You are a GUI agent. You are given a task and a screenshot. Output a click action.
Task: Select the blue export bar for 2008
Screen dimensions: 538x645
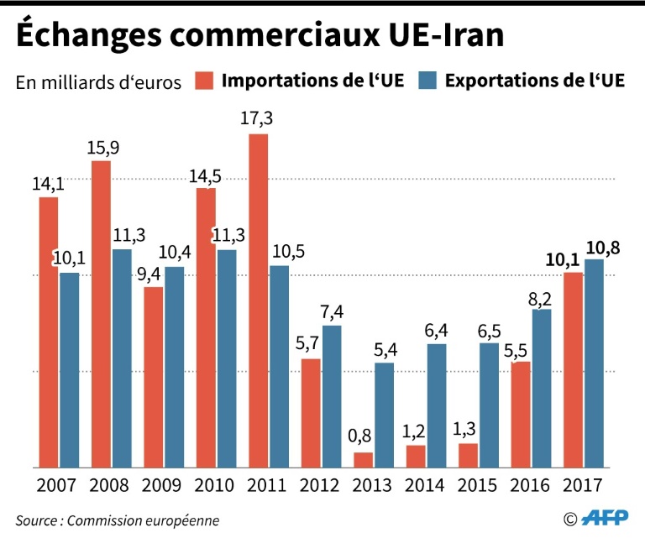pos(122,358)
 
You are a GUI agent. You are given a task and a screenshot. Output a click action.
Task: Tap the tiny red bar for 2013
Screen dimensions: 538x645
pos(364,460)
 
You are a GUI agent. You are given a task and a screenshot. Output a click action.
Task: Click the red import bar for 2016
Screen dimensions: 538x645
pos(521,415)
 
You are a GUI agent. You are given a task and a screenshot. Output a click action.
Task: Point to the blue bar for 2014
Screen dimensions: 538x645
pos(437,405)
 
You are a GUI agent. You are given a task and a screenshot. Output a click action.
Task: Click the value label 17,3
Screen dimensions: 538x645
pos(258,119)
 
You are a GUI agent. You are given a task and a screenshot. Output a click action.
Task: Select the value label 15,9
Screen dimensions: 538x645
pos(101,147)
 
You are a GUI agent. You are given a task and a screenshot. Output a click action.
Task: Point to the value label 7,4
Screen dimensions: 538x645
pos(332,312)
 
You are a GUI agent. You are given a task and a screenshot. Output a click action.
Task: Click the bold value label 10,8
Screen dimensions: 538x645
pos(604,246)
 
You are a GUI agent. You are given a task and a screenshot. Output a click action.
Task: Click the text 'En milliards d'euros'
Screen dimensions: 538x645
pos(98,82)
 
